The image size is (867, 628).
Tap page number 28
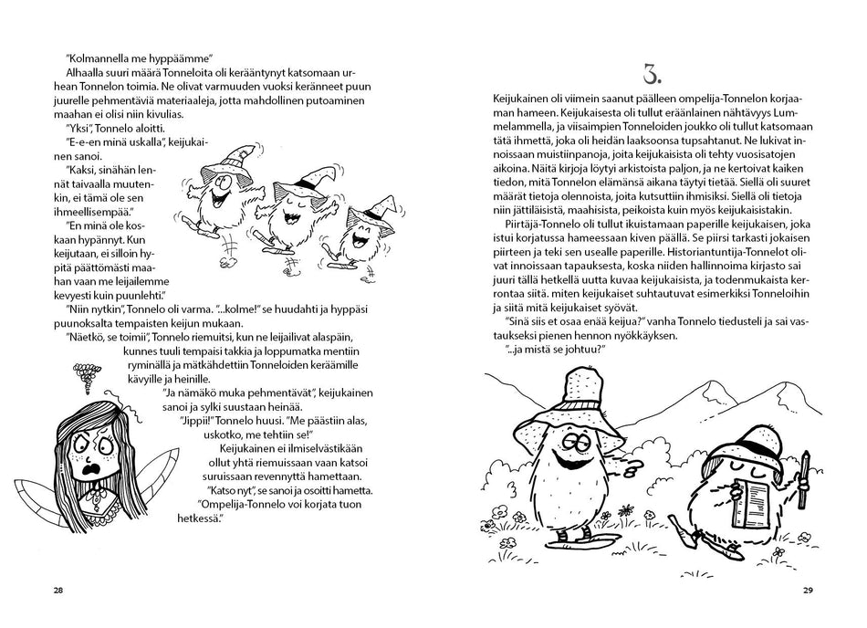tap(58, 590)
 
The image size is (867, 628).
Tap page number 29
tap(808, 590)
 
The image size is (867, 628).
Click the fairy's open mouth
tap(89, 472)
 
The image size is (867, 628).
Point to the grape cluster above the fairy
tap(86, 377)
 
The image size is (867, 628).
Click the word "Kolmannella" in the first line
tap(96, 58)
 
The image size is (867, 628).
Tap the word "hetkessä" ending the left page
tap(197, 518)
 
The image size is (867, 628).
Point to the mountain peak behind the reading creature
tap(784, 383)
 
